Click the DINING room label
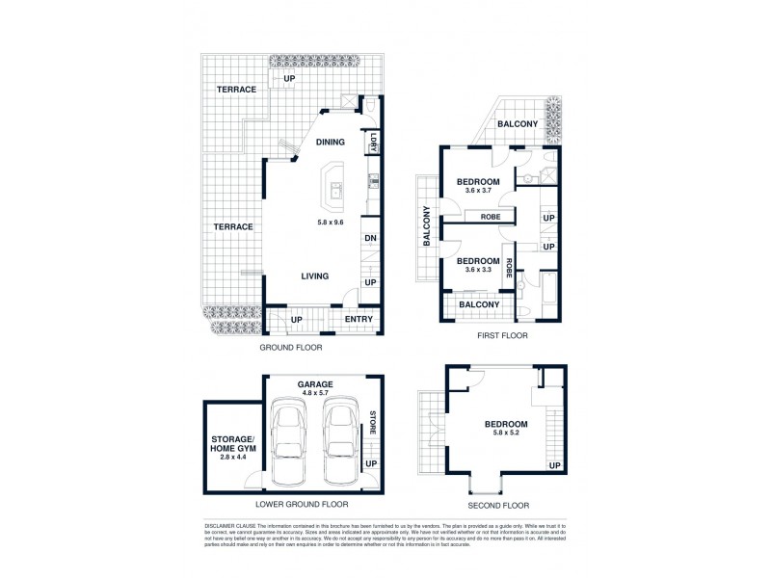point(331,143)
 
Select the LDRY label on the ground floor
point(370,142)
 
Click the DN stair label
point(369,239)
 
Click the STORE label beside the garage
point(373,425)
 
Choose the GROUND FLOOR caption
point(290,347)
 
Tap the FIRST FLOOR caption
point(502,336)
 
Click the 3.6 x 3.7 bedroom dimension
point(477,191)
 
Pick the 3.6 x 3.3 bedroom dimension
point(477,271)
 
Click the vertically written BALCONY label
point(424,228)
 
